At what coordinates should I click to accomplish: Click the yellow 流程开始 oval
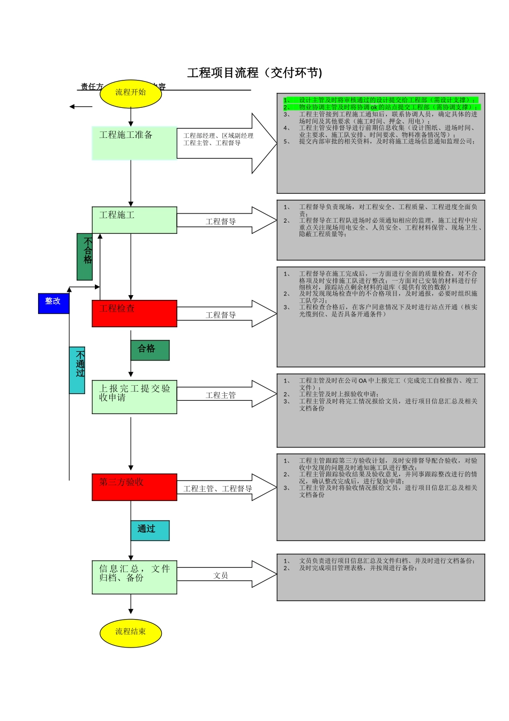[x=131, y=93]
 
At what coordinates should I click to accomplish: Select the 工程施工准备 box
[x=134, y=143]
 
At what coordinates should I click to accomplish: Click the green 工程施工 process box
[x=134, y=220]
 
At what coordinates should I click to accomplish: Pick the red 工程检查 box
[x=134, y=313]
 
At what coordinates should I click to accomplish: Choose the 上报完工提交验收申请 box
[x=134, y=398]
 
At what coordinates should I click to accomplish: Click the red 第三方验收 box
[x=134, y=487]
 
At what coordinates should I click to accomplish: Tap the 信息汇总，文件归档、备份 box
[x=134, y=577]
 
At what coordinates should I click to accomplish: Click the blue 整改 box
[x=54, y=303]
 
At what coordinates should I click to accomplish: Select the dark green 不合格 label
[x=85, y=256]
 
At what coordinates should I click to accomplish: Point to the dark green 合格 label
[x=150, y=350]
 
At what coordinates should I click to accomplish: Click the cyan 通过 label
[x=150, y=530]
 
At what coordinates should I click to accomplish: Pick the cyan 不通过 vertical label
[x=77, y=370]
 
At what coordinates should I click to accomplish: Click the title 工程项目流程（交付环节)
[x=254, y=73]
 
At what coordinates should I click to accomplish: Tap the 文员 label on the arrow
[x=221, y=576]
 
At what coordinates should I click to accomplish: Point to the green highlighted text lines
[x=380, y=104]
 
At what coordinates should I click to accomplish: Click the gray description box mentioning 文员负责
[x=380, y=577]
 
